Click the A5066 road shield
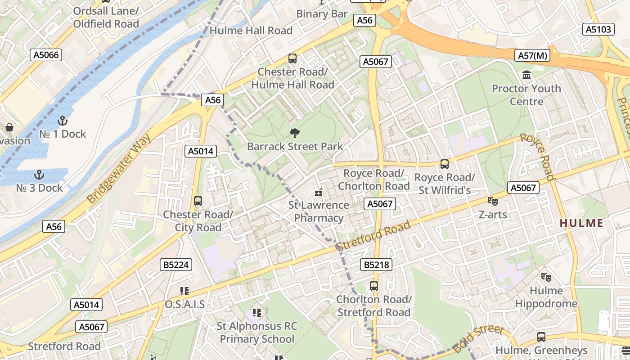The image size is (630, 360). (x=46, y=55)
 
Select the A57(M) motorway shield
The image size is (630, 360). (x=532, y=55)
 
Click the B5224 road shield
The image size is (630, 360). (x=175, y=265)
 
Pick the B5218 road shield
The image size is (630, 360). (x=376, y=265)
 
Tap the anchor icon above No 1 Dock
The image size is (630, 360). (x=63, y=121)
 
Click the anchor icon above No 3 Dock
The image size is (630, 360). (x=39, y=175)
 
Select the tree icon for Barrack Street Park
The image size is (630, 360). (x=295, y=133)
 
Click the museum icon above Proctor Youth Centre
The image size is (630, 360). (x=526, y=75)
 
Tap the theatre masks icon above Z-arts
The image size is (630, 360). (x=492, y=201)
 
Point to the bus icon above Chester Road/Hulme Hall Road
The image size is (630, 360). (x=292, y=58)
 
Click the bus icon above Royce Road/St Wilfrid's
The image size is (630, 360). (x=445, y=164)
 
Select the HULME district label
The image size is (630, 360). (x=581, y=223)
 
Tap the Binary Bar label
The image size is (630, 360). (x=322, y=14)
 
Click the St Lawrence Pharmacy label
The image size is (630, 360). (x=319, y=211)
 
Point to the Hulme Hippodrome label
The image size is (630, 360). (x=546, y=297)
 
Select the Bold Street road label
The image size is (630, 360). (x=478, y=338)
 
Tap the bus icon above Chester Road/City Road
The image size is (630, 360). (x=198, y=201)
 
